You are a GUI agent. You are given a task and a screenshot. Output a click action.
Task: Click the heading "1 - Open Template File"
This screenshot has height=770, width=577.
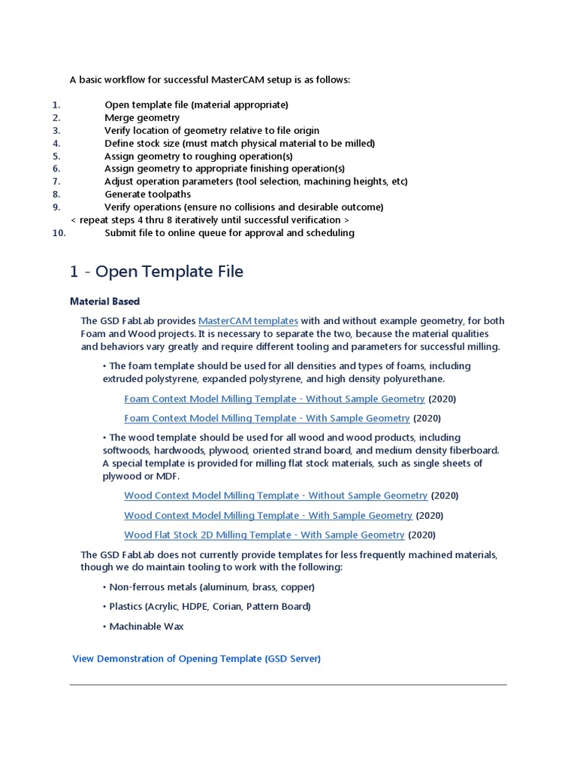(x=156, y=271)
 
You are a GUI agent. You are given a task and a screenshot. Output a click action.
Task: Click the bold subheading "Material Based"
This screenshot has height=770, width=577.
(x=104, y=302)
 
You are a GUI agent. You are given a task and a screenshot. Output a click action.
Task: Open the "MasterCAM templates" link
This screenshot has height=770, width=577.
(x=248, y=321)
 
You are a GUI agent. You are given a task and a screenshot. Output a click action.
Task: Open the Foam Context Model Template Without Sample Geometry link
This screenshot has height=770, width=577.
(x=274, y=399)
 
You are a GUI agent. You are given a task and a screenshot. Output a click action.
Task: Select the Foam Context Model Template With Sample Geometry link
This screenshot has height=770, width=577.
(x=267, y=418)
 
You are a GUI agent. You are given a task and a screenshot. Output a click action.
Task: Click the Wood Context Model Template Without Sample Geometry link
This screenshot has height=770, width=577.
(x=276, y=496)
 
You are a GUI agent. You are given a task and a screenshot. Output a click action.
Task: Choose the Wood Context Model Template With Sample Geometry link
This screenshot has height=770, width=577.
(x=268, y=515)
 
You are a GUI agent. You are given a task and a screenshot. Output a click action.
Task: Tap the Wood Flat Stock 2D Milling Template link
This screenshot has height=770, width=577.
(x=264, y=535)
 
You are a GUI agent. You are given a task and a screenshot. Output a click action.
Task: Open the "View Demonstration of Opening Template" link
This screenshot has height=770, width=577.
(x=196, y=659)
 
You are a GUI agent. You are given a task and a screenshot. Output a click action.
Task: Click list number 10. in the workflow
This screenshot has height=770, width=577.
(x=59, y=233)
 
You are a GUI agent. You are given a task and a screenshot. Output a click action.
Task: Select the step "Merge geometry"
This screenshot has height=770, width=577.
(x=142, y=117)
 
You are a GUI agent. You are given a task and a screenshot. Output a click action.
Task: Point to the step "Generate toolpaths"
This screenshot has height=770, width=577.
(x=147, y=194)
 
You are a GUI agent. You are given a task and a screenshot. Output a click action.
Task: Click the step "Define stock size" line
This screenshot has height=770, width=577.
(x=239, y=143)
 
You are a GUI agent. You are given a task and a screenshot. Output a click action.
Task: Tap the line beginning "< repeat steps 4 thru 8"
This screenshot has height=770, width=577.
(x=210, y=220)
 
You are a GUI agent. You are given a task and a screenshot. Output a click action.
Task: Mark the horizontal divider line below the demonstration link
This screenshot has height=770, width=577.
(x=288, y=684)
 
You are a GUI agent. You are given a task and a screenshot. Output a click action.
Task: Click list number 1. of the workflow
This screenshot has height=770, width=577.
(x=56, y=105)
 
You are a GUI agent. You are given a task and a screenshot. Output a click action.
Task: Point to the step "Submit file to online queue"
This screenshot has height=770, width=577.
(x=229, y=233)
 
